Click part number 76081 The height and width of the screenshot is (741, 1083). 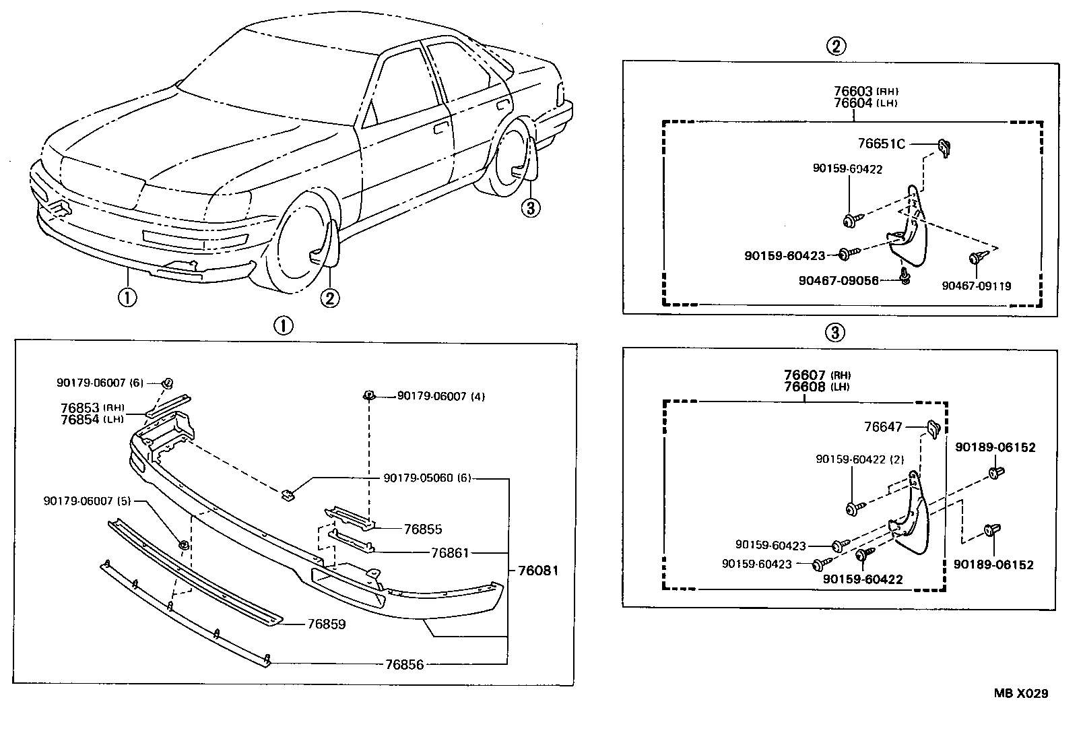[x=538, y=571]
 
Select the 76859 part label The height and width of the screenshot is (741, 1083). [x=326, y=624]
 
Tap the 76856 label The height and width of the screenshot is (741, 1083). [x=404, y=665]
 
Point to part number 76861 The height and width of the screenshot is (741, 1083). [x=449, y=553]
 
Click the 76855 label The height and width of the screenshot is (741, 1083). [x=423, y=529]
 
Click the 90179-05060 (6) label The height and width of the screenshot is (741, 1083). [x=427, y=478]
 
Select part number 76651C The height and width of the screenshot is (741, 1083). [x=881, y=143]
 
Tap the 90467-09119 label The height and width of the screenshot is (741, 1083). [x=976, y=286]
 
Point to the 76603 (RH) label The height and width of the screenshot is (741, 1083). [x=865, y=91]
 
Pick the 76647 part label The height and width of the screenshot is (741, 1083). [x=883, y=426]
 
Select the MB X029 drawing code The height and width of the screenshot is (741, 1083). [x=1021, y=693]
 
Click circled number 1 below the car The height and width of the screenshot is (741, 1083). [x=127, y=297]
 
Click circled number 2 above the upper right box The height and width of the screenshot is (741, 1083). [x=835, y=46]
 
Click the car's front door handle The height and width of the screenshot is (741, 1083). [x=441, y=127]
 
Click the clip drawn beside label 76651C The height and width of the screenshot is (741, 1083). [x=944, y=146]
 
